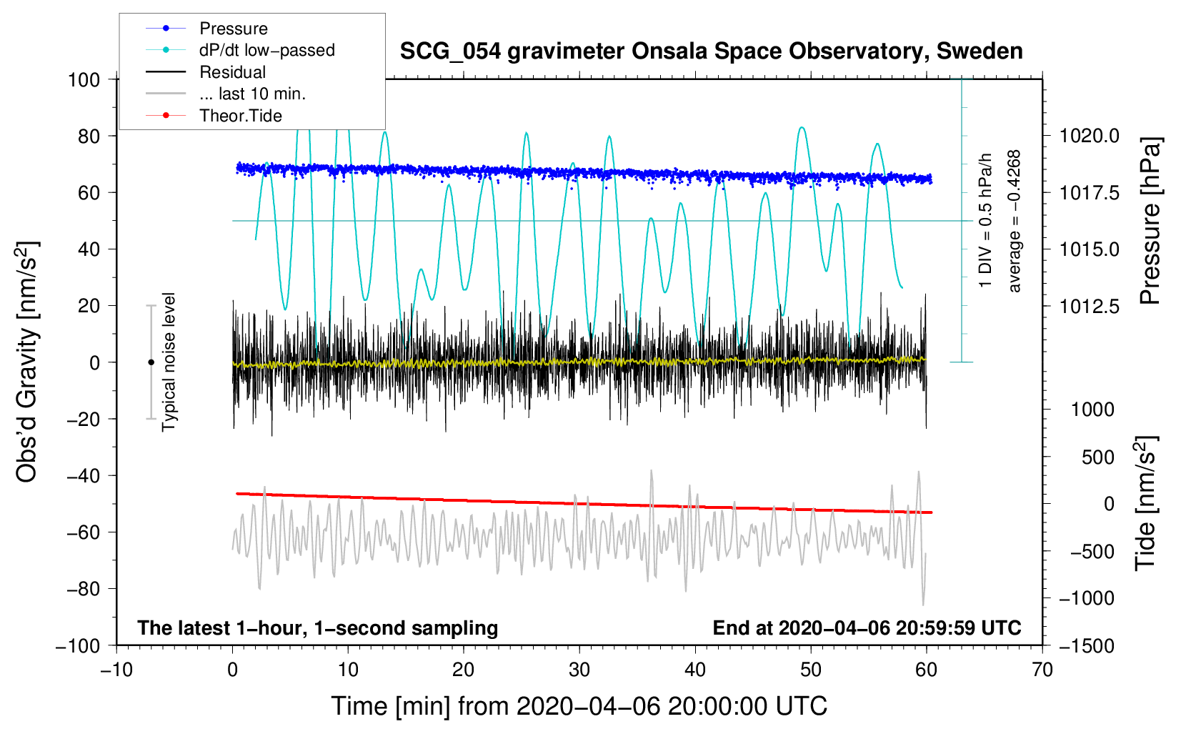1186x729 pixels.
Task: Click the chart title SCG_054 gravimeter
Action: click(x=711, y=51)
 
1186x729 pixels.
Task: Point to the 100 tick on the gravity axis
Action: click(x=84, y=80)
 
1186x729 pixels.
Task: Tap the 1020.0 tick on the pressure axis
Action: click(x=1089, y=137)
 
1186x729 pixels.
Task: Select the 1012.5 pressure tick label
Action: click(x=1089, y=306)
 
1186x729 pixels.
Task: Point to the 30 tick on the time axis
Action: click(x=579, y=670)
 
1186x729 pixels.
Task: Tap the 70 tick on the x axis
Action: click(x=1042, y=670)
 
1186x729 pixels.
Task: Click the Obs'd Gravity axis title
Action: click(x=26, y=362)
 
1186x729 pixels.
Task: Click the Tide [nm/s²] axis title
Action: click(x=1146, y=503)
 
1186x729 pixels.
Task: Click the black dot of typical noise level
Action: click(x=151, y=362)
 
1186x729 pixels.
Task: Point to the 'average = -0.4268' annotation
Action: click(x=1014, y=221)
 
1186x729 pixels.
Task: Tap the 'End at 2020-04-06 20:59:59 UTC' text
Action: click(x=867, y=628)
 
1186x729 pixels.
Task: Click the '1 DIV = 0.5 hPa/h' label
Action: click(x=985, y=221)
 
